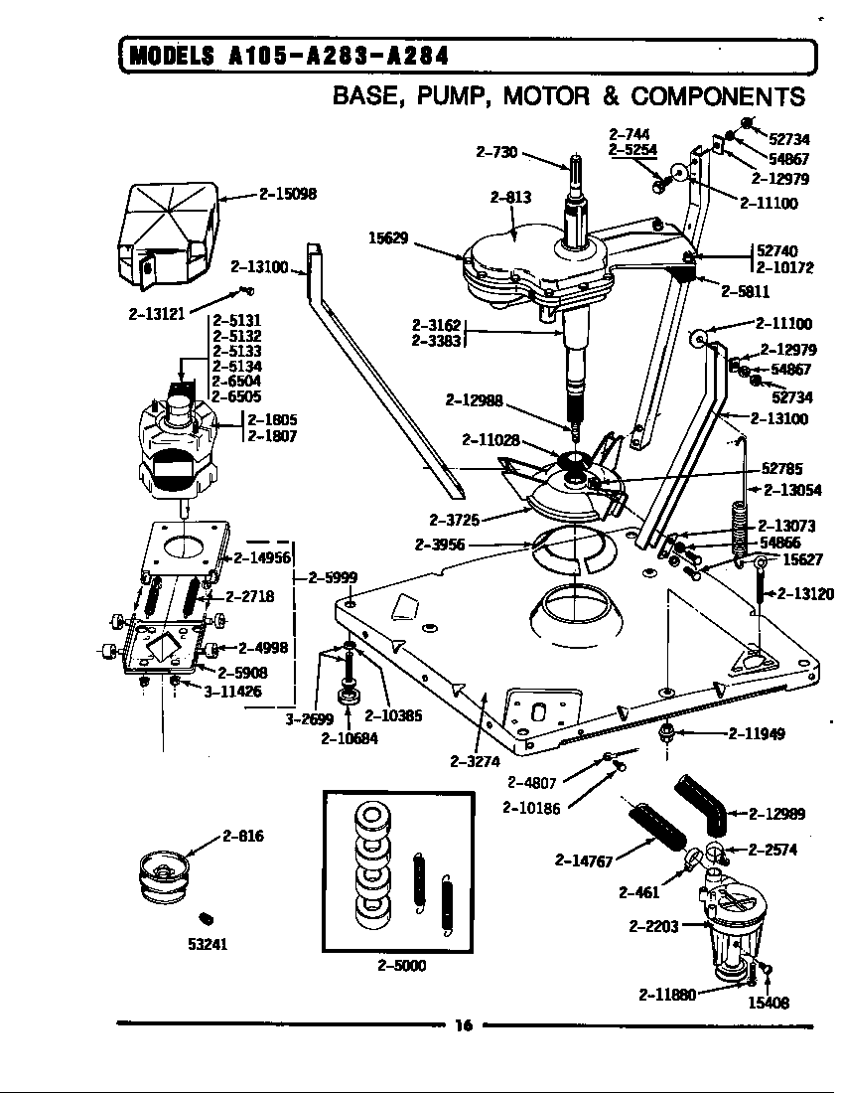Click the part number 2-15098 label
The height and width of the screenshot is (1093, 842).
tap(288, 195)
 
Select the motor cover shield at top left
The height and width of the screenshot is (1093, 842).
tap(169, 229)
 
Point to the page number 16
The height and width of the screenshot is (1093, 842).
tap(463, 1026)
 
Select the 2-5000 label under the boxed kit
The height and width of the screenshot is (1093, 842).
tap(401, 965)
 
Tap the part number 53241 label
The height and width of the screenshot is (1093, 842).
tap(209, 944)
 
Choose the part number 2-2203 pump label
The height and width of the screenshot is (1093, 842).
tap(653, 926)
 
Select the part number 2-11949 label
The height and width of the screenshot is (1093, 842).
tap(757, 734)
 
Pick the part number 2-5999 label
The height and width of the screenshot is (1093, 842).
tap(333, 577)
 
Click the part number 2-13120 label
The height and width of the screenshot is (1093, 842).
tap(805, 594)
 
